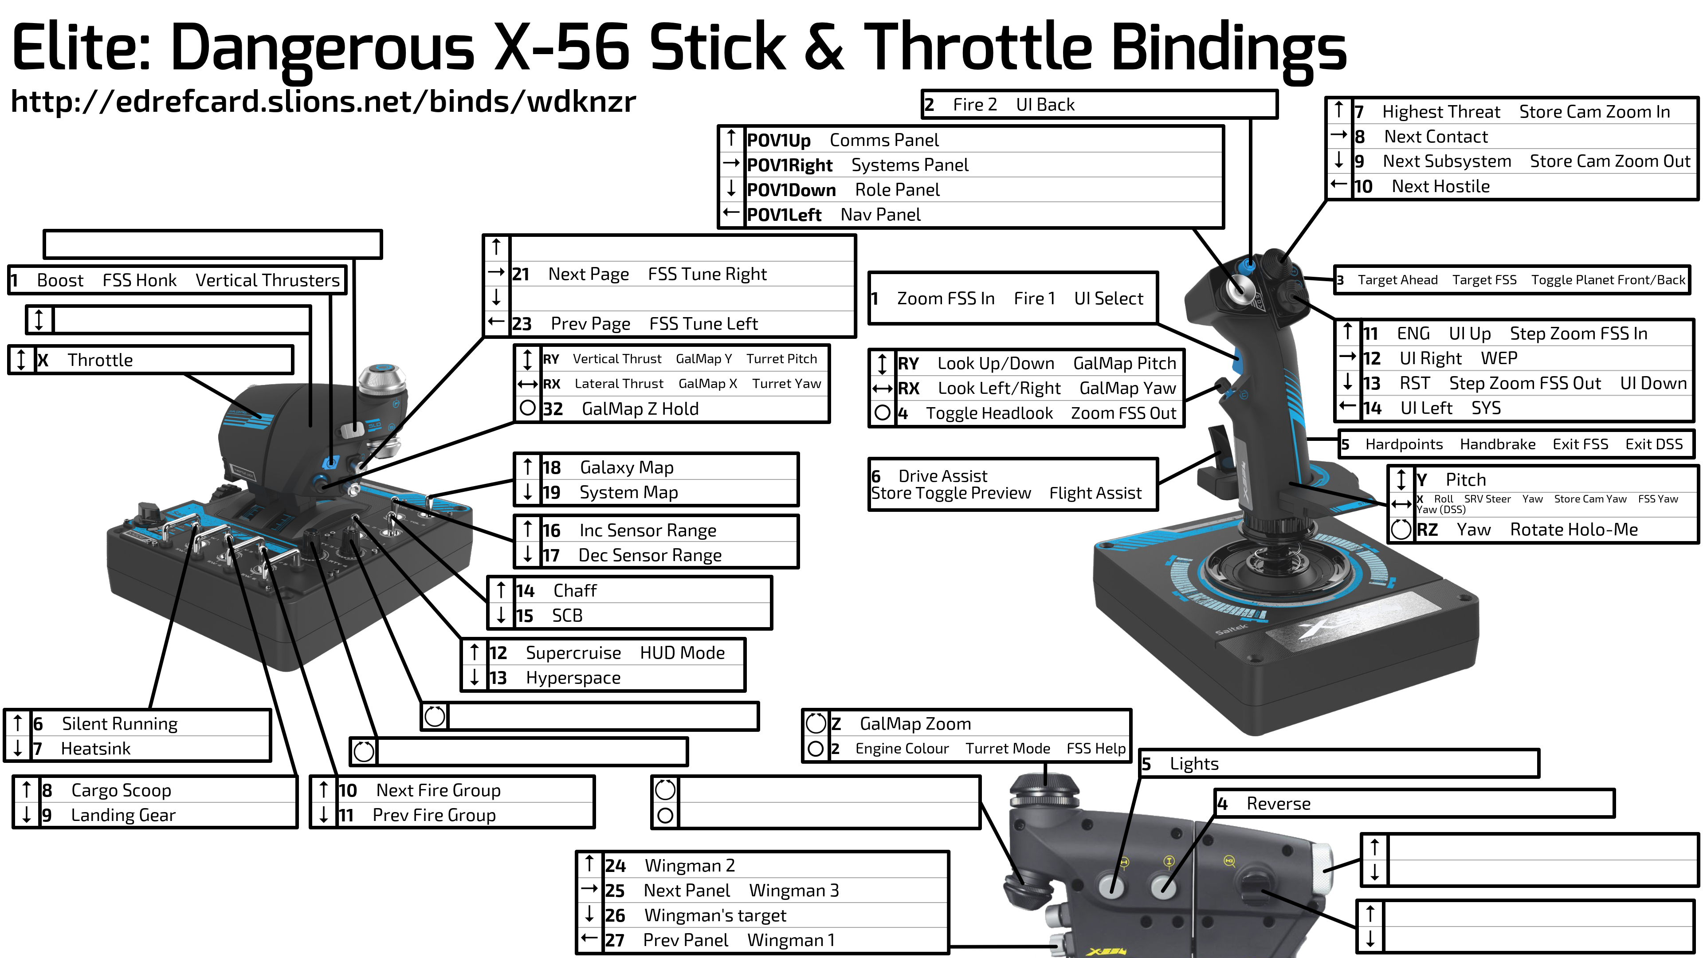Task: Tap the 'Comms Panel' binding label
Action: [884, 140]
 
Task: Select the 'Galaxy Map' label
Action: [627, 467]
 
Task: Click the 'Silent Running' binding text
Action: [120, 724]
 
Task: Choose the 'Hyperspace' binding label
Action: [573, 678]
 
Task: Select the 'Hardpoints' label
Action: [1404, 444]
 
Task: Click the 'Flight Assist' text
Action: [1095, 493]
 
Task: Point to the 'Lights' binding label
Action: [1194, 764]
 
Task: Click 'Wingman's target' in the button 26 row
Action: [715, 916]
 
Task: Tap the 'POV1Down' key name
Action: [791, 190]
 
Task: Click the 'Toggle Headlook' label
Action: [989, 413]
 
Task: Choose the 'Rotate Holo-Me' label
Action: [1574, 530]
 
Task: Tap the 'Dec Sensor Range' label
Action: [650, 555]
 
